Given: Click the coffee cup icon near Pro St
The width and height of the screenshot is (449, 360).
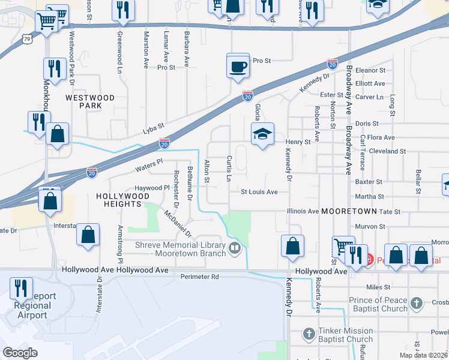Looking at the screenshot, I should coord(238,65).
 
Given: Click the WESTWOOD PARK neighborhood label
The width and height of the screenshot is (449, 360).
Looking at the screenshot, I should coord(89,101).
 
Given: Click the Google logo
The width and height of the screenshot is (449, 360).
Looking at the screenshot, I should coord(20,353).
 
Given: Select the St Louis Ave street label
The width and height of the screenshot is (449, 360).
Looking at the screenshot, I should coord(259,192).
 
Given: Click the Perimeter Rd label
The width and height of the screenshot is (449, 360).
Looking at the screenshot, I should coord(200,277).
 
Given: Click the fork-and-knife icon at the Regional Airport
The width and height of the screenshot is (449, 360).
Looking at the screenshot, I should coord(21,289).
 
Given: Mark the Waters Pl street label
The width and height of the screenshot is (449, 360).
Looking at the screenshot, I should coord(149,163).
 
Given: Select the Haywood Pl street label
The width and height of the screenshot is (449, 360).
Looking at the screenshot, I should coord(152,188).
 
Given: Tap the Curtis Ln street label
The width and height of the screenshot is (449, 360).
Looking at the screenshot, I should coord(229,169).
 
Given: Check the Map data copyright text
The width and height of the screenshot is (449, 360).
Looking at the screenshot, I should coord(424,355).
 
